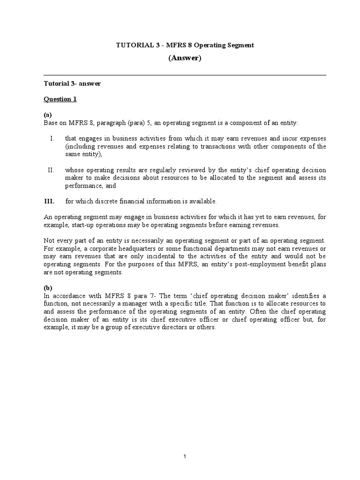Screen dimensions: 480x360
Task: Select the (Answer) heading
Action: (x=185, y=58)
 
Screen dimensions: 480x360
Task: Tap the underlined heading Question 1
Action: (x=60, y=99)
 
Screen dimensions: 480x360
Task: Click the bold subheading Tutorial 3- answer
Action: (x=72, y=84)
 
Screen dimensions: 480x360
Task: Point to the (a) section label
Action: (x=48, y=115)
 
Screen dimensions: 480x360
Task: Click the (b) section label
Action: (x=48, y=288)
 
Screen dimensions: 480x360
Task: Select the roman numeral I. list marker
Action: (x=52, y=139)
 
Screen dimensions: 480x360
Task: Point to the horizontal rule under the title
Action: (x=185, y=75)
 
